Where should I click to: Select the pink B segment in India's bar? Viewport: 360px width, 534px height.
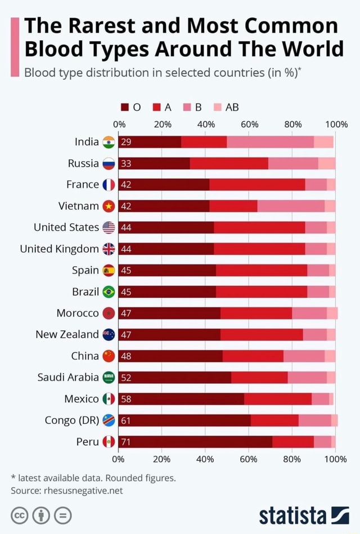270,142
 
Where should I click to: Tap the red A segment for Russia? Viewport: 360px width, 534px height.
229,163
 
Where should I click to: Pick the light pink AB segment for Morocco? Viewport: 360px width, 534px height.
332,313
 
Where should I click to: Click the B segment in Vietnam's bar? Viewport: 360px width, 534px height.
291,206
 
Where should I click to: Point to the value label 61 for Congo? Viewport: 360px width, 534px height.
126,420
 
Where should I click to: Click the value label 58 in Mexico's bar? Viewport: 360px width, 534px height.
126,399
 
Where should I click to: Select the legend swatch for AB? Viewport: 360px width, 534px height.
217,108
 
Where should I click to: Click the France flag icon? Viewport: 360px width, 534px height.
109,185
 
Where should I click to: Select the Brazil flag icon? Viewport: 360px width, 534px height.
109,292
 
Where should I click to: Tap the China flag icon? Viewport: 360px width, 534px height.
109,356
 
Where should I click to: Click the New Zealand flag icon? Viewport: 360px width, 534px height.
109,335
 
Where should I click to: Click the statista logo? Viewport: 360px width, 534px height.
304,514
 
